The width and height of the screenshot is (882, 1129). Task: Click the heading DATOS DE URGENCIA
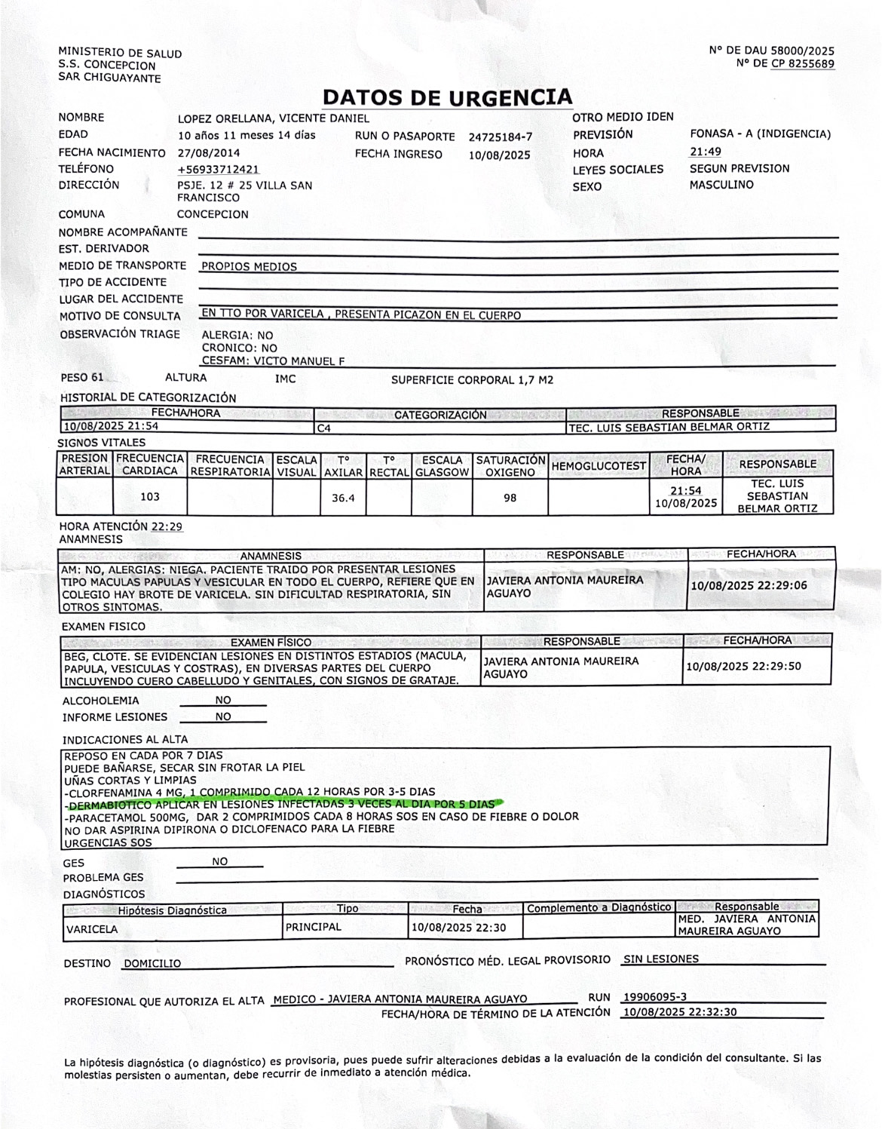[x=447, y=97]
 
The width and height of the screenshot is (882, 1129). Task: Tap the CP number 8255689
[x=803, y=63]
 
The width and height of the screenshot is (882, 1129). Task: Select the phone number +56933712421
[x=219, y=169]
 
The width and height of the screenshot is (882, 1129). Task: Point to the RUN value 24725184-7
[x=500, y=137]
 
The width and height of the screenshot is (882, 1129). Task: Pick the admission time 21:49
[x=705, y=152]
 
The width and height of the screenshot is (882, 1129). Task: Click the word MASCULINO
[x=721, y=185]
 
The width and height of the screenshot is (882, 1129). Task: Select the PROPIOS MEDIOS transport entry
[x=249, y=266]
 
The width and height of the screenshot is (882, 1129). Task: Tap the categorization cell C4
[x=324, y=428]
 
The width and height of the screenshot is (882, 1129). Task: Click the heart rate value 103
[x=150, y=497]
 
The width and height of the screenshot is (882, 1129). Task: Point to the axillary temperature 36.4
[x=343, y=498]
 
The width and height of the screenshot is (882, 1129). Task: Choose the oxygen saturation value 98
[x=510, y=498]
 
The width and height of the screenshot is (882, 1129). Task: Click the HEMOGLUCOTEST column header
[x=599, y=466]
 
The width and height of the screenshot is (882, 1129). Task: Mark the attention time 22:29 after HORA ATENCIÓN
[x=167, y=527]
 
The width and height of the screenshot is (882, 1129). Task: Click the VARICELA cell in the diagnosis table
[x=92, y=929]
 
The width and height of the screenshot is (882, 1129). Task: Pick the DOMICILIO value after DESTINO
[x=152, y=964]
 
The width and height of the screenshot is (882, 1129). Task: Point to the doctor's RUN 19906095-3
[x=654, y=997]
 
